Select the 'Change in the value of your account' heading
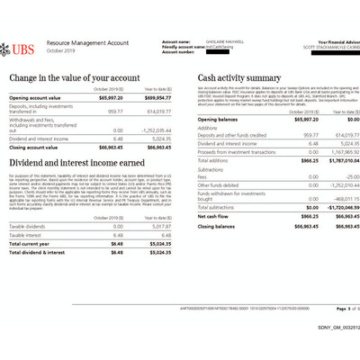point(74,77)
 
